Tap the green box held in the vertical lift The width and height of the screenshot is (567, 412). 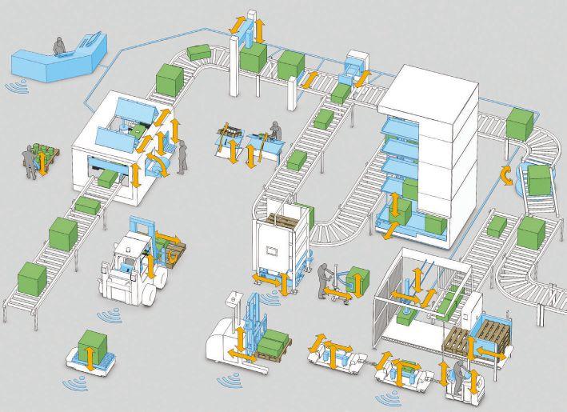click(x=254, y=54)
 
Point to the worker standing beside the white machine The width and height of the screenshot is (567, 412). click(x=183, y=156)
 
